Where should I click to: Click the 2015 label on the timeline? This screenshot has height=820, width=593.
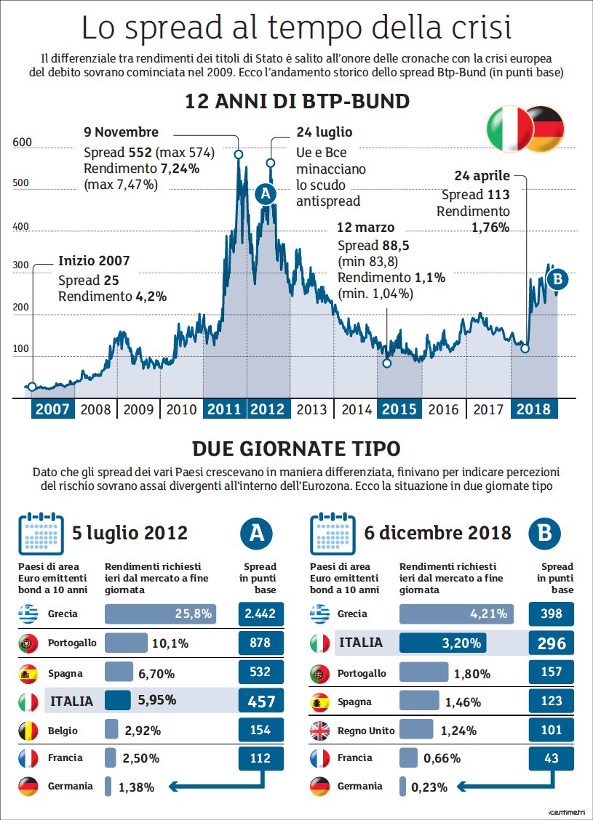399,409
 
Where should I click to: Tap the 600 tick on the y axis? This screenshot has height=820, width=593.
22,143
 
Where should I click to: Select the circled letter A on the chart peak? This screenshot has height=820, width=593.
265,193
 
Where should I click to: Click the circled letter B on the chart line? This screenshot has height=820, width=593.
557,278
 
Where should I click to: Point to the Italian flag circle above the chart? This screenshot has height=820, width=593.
510,129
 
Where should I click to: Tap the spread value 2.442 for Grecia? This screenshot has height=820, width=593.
260,614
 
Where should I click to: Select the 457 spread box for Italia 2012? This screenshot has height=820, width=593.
260,702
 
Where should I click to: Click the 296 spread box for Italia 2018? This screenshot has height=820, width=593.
552,643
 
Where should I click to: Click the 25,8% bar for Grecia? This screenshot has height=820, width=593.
160,614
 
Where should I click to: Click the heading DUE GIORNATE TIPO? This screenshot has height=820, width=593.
296,448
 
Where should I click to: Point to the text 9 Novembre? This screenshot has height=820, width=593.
121,132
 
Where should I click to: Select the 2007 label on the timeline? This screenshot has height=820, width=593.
52,409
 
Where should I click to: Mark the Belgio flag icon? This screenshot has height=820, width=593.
28,731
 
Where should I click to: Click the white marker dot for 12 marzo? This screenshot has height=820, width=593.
387,363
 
